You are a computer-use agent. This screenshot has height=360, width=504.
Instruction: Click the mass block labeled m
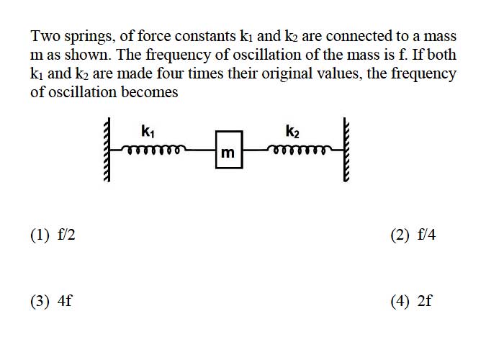(229, 150)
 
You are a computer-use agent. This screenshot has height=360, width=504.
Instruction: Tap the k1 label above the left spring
(148, 131)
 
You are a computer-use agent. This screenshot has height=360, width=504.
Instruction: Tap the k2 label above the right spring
(292, 131)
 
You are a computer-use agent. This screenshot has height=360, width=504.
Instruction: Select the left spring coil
(153, 150)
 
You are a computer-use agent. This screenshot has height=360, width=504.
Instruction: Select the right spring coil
(299, 150)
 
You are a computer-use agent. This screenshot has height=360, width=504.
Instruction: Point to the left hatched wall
(107, 150)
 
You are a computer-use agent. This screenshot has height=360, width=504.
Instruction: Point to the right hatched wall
(346, 150)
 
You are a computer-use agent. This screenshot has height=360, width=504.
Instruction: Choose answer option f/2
(66, 235)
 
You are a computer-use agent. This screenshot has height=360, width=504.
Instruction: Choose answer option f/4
(426, 235)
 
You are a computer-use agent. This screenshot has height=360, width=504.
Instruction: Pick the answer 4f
(65, 301)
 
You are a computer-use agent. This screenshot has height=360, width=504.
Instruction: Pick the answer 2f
(425, 301)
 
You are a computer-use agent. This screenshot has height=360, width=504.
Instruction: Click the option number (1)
(40, 235)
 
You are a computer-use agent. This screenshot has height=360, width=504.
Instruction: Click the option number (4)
(400, 301)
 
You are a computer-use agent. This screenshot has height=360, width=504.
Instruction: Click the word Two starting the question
(45, 36)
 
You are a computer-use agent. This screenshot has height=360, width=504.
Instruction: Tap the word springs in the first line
(90, 37)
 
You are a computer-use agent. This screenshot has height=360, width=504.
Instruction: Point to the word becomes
(150, 92)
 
